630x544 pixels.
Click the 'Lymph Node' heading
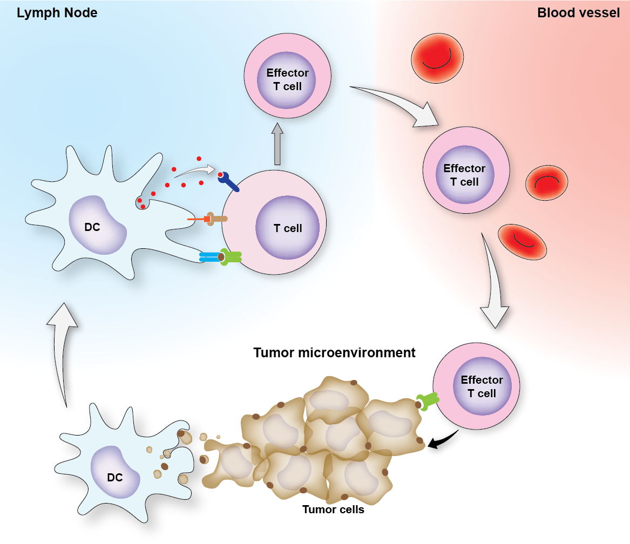(57, 13)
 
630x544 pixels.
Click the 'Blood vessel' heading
(578, 13)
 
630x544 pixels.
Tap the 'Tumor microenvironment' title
(334, 353)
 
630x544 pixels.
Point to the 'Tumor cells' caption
(333, 509)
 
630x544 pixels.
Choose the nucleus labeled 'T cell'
(288, 228)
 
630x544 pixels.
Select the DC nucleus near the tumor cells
(115, 475)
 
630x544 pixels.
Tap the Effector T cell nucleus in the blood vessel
(464, 175)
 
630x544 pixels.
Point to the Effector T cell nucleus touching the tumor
(482, 386)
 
